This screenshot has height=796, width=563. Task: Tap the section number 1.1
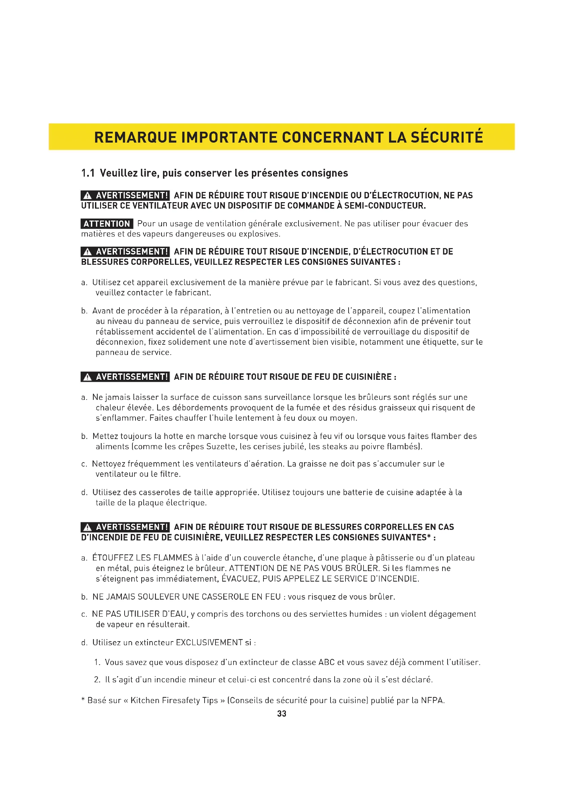click(88, 173)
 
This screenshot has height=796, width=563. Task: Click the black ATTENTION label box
click(107, 224)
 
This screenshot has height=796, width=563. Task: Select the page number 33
click(281, 714)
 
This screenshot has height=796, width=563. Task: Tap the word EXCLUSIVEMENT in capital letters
click(209, 643)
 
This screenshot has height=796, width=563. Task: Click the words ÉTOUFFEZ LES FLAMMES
click(142, 558)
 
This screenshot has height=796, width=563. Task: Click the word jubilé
click(293, 446)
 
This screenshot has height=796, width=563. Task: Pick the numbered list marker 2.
click(97, 680)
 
